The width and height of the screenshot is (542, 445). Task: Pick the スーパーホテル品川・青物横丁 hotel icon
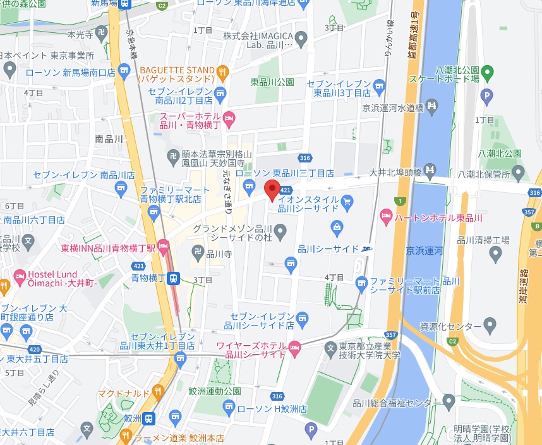click(230, 117)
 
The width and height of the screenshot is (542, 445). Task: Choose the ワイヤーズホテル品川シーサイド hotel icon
click(294, 348)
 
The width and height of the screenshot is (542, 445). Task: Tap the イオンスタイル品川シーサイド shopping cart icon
click(347, 202)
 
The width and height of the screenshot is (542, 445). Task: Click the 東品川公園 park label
click(272, 82)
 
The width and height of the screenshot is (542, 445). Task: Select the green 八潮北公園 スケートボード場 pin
click(486, 73)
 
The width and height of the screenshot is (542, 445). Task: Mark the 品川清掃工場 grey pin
click(495, 254)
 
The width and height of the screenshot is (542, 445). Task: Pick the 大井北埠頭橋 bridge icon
click(430, 169)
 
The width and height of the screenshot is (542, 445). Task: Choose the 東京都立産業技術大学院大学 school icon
click(330, 347)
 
